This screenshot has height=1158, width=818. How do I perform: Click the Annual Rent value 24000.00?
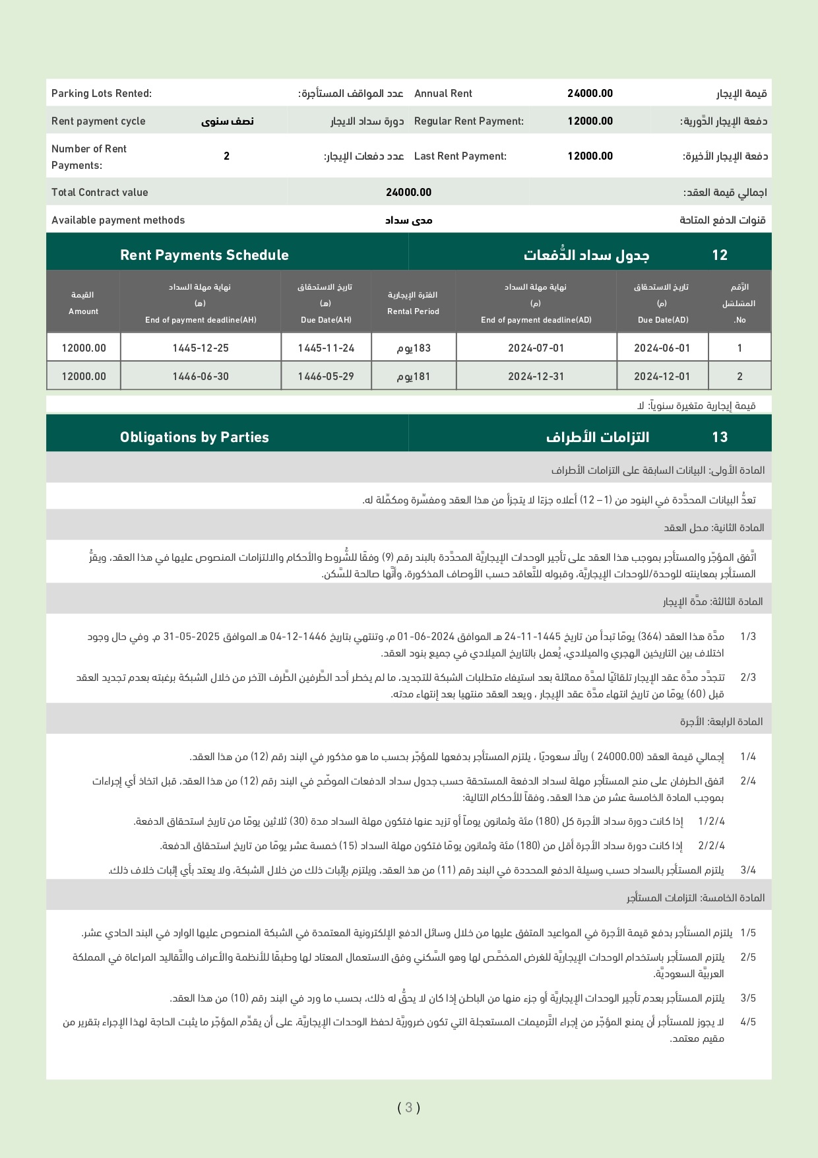click(x=590, y=94)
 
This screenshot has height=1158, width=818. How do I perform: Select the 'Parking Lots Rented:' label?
click(x=102, y=94)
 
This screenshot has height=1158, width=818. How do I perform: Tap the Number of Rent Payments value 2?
click(x=226, y=156)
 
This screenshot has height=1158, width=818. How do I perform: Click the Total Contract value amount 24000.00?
click(x=408, y=193)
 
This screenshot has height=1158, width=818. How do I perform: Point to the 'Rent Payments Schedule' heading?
click(x=204, y=255)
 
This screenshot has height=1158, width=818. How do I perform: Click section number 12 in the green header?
click(x=720, y=255)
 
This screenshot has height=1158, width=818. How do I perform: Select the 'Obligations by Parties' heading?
click(x=195, y=437)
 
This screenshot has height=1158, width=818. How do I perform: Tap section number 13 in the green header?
click(x=720, y=437)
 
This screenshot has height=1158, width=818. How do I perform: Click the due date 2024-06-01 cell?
click(x=662, y=348)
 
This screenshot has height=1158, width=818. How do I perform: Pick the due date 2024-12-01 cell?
click(x=662, y=377)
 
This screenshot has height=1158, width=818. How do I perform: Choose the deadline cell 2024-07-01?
click(x=536, y=348)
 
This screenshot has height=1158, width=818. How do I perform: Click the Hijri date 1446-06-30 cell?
click(x=201, y=377)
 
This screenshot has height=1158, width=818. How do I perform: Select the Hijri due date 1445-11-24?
click(x=326, y=348)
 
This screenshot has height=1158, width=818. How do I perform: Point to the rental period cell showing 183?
click(x=414, y=348)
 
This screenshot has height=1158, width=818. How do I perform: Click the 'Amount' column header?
click(x=84, y=311)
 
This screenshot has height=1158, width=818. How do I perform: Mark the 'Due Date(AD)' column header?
click(x=663, y=320)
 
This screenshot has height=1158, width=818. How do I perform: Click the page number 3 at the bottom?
click(x=409, y=1108)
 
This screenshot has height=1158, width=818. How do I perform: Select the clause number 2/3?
click(x=748, y=678)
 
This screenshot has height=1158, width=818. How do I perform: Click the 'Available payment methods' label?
click(x=118, y=220)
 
